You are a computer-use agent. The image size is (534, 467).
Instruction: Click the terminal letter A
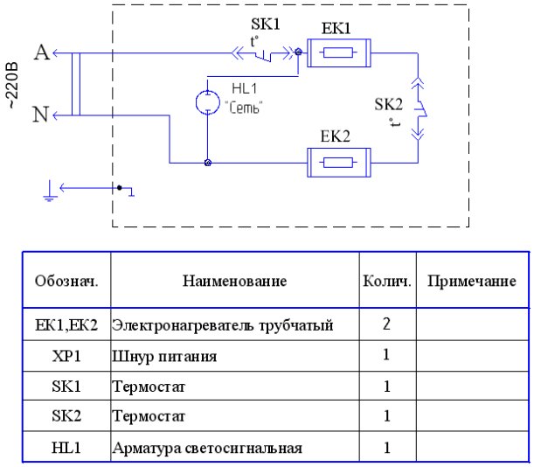pos(40,53)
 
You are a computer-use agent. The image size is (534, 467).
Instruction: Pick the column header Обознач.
pos(66,282)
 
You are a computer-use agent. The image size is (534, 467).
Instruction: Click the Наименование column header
pos(234,282)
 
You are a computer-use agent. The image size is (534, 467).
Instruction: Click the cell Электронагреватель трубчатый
pos(223,326)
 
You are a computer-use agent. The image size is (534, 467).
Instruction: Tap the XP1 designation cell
pos(66,357)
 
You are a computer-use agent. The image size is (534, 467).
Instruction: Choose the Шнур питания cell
pos(163,357)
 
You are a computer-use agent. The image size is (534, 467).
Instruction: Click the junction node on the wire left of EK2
pos(207,163)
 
